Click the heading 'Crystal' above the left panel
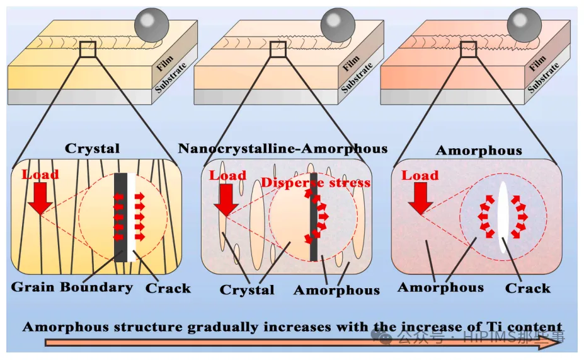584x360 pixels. [92, 149]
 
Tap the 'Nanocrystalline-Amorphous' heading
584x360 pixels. [283, 149]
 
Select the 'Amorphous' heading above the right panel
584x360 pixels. [479, 151]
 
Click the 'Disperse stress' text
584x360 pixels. [316, 183]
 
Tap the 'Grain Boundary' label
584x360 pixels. [72, 287]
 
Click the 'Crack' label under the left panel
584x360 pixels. [168, 288]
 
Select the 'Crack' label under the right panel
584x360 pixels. [527, 288]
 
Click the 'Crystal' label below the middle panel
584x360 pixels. [247, 290]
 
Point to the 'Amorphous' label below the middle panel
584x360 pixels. [336, 290]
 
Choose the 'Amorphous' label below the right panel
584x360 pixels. [440, 287]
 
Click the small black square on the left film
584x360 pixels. [88, 49]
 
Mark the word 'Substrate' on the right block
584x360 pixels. [544, 78]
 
